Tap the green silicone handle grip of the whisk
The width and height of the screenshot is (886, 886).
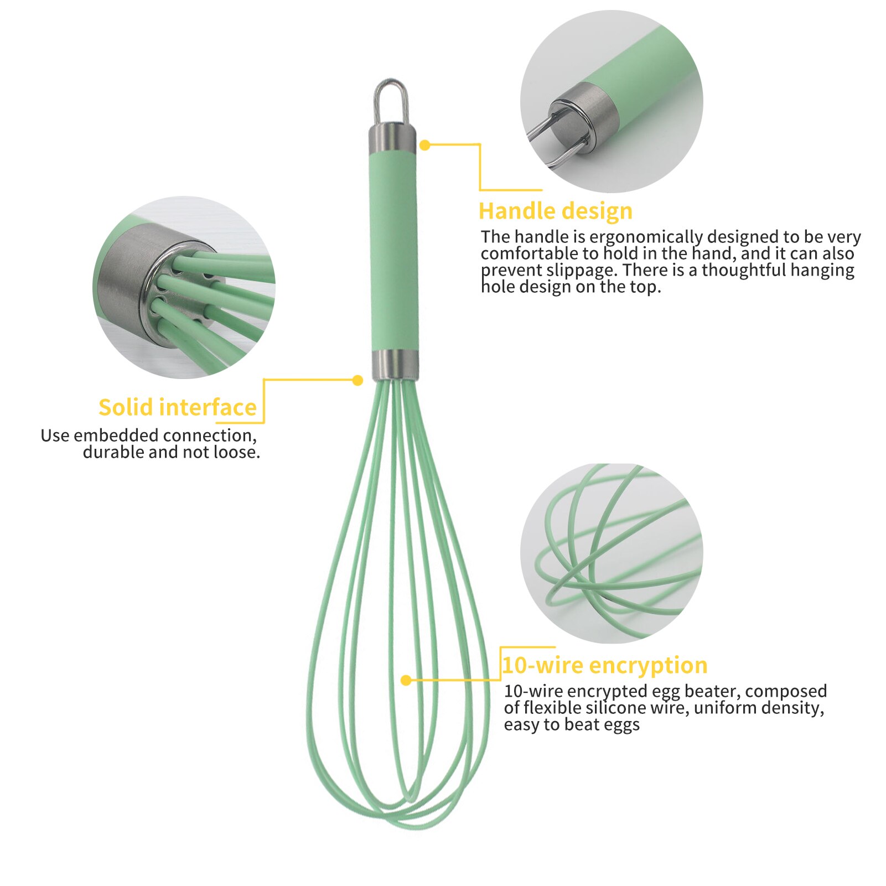394,249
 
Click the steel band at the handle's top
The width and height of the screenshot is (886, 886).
392,138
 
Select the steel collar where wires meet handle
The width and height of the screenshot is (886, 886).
395,364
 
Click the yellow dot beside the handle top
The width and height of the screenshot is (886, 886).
424,145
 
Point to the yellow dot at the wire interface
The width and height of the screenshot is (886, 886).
357,380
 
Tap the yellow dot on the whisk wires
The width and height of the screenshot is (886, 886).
406,680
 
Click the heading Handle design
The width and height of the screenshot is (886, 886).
555,211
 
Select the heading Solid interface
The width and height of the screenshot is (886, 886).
178,407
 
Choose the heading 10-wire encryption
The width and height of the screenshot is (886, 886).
605,665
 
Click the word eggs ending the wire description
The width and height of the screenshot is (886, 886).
623,724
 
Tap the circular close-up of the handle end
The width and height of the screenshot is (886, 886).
612,101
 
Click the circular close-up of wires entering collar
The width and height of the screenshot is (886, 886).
184,287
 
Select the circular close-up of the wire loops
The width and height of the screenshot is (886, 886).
612,553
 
